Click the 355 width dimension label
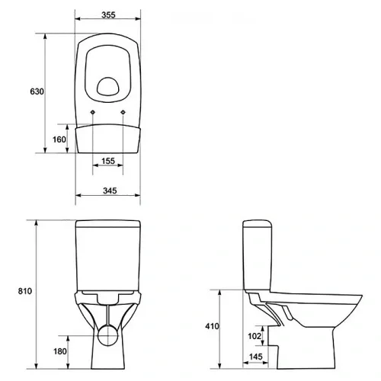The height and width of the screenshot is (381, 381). (x=108, y=15)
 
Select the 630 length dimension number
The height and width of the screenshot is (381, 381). (x=37, y=91)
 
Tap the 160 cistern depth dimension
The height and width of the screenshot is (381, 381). (x=59, y=139)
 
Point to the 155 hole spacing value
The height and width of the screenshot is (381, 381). (x=108, y=161)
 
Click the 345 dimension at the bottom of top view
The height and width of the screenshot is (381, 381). (x=110, y=190)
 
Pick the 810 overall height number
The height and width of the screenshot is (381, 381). (x=25, y=291)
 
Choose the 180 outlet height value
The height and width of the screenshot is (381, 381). (x=60, y=351)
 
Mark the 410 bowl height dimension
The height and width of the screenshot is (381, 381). (x=212, y=326)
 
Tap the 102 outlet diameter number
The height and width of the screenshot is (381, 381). (x=255, y=336)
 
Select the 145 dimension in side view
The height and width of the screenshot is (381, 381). (x=255, y=357)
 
